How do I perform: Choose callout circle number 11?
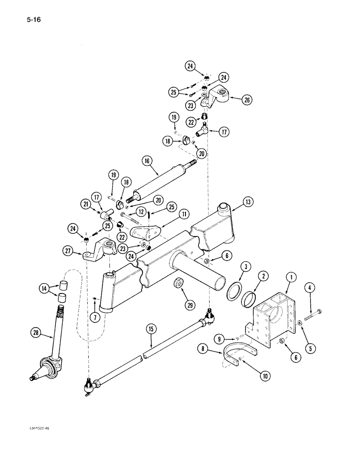tap(184, 213)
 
